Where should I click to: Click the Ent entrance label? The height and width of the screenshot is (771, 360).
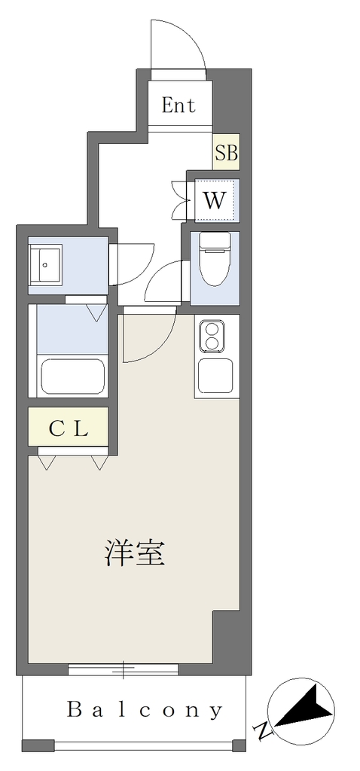(x=178, y=105)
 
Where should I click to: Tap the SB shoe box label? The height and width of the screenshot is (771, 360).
(x=226, y=153)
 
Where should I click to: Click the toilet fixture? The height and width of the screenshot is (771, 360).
(x=215, y=259)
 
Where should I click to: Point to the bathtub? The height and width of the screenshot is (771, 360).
(x=72, y=376)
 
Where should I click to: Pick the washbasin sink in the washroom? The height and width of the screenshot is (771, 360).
(x=45, y=265)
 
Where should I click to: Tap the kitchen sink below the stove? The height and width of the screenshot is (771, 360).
(x=215, y=375)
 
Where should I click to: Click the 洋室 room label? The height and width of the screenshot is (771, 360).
(x=134, y=553)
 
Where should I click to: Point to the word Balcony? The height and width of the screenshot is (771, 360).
(x=144, y=711)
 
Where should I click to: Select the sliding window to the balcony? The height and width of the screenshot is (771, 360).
(x=123, y=669)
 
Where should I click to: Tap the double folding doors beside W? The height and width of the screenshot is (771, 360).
(x=181, y=199)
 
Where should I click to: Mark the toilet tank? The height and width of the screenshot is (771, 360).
(x=215, y=241)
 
